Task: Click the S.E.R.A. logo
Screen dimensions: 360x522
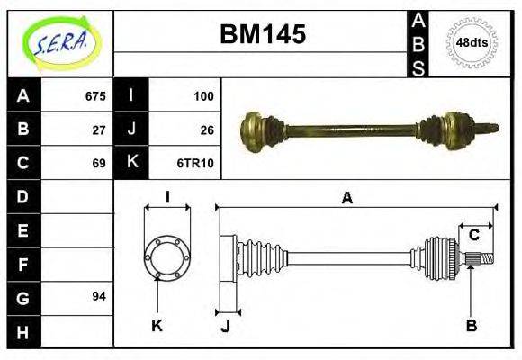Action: (60, 42)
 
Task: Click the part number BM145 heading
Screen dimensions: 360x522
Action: (263, 34)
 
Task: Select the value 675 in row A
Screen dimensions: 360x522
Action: (95, 96)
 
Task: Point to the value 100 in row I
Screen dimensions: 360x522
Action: (203, 96)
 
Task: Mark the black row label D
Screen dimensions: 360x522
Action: (23, 196)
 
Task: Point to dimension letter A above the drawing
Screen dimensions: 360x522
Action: (346, 199)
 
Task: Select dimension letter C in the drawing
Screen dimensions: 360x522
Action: (473, 236)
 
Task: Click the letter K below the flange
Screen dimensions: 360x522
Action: (157, 326)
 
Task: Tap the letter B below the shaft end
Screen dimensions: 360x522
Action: (471, 326)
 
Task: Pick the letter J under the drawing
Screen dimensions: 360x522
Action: (225, 326)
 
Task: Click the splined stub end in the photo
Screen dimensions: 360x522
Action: (489, 127)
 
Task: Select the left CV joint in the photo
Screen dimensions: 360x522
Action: (261, 130)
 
